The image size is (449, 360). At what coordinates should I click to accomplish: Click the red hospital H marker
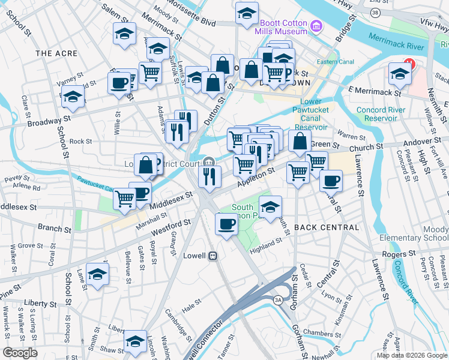[410, 63]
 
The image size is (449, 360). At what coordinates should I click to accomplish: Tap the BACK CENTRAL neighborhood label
[327, 227]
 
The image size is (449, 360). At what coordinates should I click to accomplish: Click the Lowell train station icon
[212, 256]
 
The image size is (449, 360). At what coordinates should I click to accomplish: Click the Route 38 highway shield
[375, 12]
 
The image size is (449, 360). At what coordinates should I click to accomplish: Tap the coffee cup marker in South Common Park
[226, 224]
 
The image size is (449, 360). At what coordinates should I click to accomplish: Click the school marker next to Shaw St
[135, 341]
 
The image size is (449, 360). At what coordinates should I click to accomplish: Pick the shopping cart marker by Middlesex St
[124, 197]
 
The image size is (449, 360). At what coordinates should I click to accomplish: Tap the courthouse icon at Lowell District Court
[208, 161]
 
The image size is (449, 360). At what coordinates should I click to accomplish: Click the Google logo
[20, 352]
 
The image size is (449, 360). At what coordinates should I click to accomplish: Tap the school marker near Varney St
[73, 96]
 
